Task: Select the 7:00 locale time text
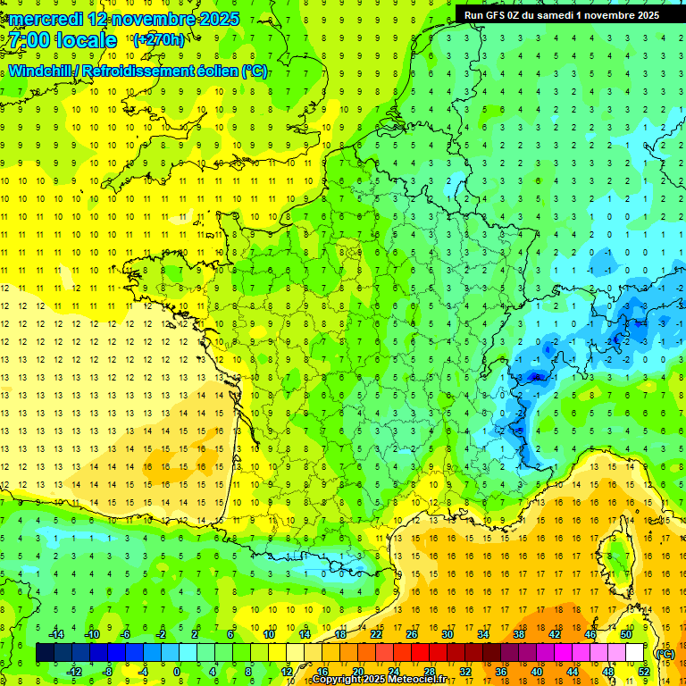pos(62,40)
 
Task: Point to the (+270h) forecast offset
pos(159,39)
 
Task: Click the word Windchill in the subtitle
pos(45,71)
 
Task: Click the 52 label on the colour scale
pos(643,671)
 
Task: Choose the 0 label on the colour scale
pos(177,671)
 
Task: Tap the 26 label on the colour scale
pos(412,633)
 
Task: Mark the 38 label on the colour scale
pos(519,633)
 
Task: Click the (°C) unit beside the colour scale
pos(665,653)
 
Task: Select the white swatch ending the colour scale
pos(634,653)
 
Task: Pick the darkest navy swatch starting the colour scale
pos(45,653)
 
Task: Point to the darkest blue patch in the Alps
pos(536,377)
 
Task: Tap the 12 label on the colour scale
pos(287,671)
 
